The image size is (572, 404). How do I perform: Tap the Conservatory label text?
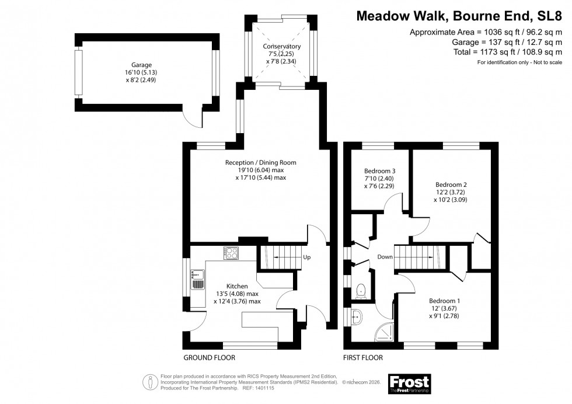tap(282, 46)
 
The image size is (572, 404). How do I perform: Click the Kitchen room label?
tap(238, 286)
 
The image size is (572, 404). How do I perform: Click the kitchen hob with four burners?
tap(232, 253)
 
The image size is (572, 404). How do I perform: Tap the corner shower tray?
tap(384, 330)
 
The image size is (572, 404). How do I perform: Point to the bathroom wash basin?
tap(357, 317)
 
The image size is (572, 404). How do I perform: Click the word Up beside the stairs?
tap(306, 257)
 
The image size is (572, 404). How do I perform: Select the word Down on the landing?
tap(385, 257)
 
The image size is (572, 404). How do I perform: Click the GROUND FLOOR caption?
tap(209, 357)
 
